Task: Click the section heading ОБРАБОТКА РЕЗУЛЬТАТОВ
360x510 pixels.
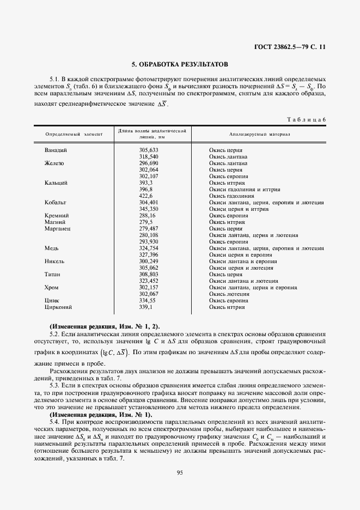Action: [x=180, y=64]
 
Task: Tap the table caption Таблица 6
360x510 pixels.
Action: [x=306, y=119]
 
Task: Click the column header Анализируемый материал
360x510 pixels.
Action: [x=260, y=134]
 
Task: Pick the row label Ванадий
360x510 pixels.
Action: [x=56, y=150]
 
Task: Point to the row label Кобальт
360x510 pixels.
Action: [x=56, y=202]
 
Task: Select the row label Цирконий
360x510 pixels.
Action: [x=58, y=307]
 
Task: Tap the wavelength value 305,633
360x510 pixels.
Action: [x=148, y=150]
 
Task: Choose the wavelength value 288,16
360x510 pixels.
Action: [x=147, y=215]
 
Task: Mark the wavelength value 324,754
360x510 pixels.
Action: [x=148, y=248]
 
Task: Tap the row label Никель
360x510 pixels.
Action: [x=55, y=261]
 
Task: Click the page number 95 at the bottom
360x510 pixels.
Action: [x=180, y=472]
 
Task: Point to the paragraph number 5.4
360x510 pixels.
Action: [x=54, y=422]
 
